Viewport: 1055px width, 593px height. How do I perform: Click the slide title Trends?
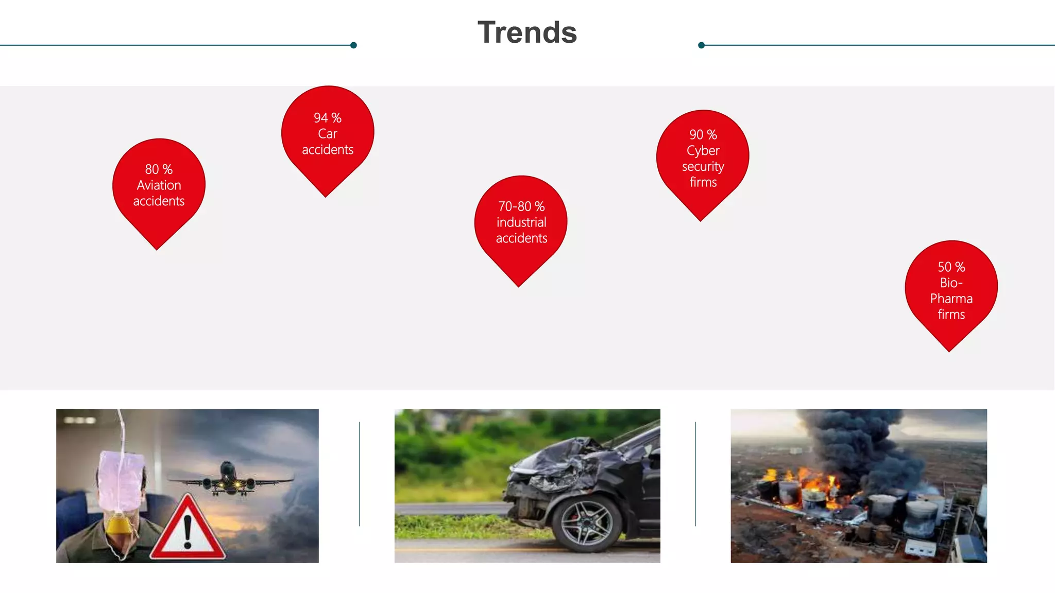coord(527,32)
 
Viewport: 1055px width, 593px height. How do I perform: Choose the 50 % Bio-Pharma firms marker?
coord(951,291)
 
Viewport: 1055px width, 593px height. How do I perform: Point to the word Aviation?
coord(159,185)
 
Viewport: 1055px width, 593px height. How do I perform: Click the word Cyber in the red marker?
coord(703,151)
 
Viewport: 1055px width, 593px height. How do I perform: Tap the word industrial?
coord(521,222)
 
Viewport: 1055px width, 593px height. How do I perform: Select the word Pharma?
coord(951,299)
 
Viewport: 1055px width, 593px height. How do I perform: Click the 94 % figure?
coord(328,118)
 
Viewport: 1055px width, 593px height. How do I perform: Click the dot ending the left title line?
coord(353,45)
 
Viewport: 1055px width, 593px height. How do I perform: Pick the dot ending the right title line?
coord(701,45)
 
